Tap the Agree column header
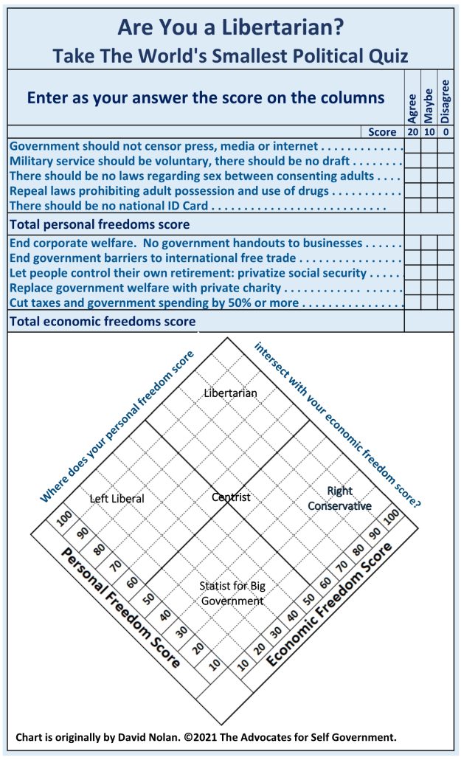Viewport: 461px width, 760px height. (x=412, y=106)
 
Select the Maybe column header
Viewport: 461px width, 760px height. (x=429, y=106)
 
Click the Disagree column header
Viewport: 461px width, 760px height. (x=445, y=102)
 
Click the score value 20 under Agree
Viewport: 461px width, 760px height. (x=412, y=132)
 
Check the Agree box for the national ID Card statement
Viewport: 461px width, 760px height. (x=412, y=206)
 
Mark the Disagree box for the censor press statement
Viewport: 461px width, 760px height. (x=445, y=146)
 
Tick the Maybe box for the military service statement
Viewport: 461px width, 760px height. (x=429, y=161)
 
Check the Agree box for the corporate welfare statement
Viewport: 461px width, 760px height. (x=412, y=243)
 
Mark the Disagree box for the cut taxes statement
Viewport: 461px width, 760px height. (x=445, y=303)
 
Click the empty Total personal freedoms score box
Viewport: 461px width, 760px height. (x=429, y=224)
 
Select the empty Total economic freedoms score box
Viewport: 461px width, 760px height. (x=429, y=321)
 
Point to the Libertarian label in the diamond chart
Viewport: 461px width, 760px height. (x=231, y=393)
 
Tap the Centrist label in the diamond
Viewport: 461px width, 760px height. (x=231, y=497)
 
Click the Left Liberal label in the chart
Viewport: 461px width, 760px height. (x=117, y=499)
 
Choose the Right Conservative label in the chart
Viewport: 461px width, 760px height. (x=339, y=499)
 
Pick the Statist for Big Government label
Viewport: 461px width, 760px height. (x=232, y=593)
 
